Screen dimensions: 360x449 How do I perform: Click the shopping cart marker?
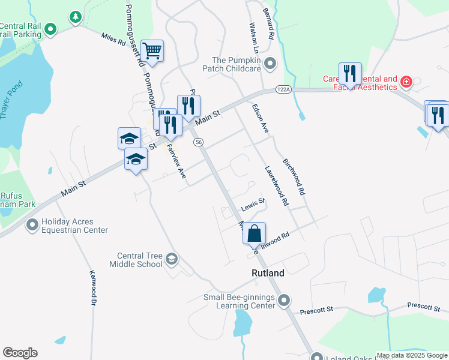(152, 51)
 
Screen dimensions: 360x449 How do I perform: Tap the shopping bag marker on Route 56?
(255, 233)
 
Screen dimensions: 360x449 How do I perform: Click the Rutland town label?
(267, 273)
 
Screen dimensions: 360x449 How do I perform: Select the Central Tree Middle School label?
(136, 260)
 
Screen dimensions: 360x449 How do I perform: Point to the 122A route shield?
(283, 89)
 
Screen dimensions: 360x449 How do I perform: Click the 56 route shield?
(199, 142)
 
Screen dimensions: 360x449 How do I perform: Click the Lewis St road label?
(253, 205)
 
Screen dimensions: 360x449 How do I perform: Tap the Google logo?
(20, 353)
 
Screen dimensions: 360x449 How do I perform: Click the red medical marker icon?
(406, 82)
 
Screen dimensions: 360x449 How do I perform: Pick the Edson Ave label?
(259, 119)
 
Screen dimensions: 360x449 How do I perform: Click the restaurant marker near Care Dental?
(349, 74)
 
